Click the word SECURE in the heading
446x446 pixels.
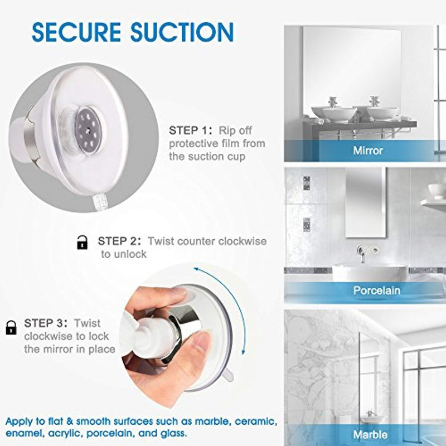coord(76,32)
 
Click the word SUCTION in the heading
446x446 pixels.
coord(182,32)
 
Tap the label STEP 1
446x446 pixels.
coord(191,130)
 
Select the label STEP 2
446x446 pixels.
coord(119,241)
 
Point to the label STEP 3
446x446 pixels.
coord(46,323)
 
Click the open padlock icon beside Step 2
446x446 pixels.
coord(82,243)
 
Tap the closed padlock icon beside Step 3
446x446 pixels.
coord(11,327)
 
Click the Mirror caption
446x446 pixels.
coord(368,151)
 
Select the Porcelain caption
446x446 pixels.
coord(377,290)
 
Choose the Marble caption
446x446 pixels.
coord(370,435)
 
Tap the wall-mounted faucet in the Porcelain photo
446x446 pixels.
coord(361,253)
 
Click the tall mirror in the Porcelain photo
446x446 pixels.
coord(366,202)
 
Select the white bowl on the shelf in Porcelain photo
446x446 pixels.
coord(437,191)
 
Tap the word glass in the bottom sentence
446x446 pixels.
coord(173,434)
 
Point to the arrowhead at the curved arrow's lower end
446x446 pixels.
coord(243,352)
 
